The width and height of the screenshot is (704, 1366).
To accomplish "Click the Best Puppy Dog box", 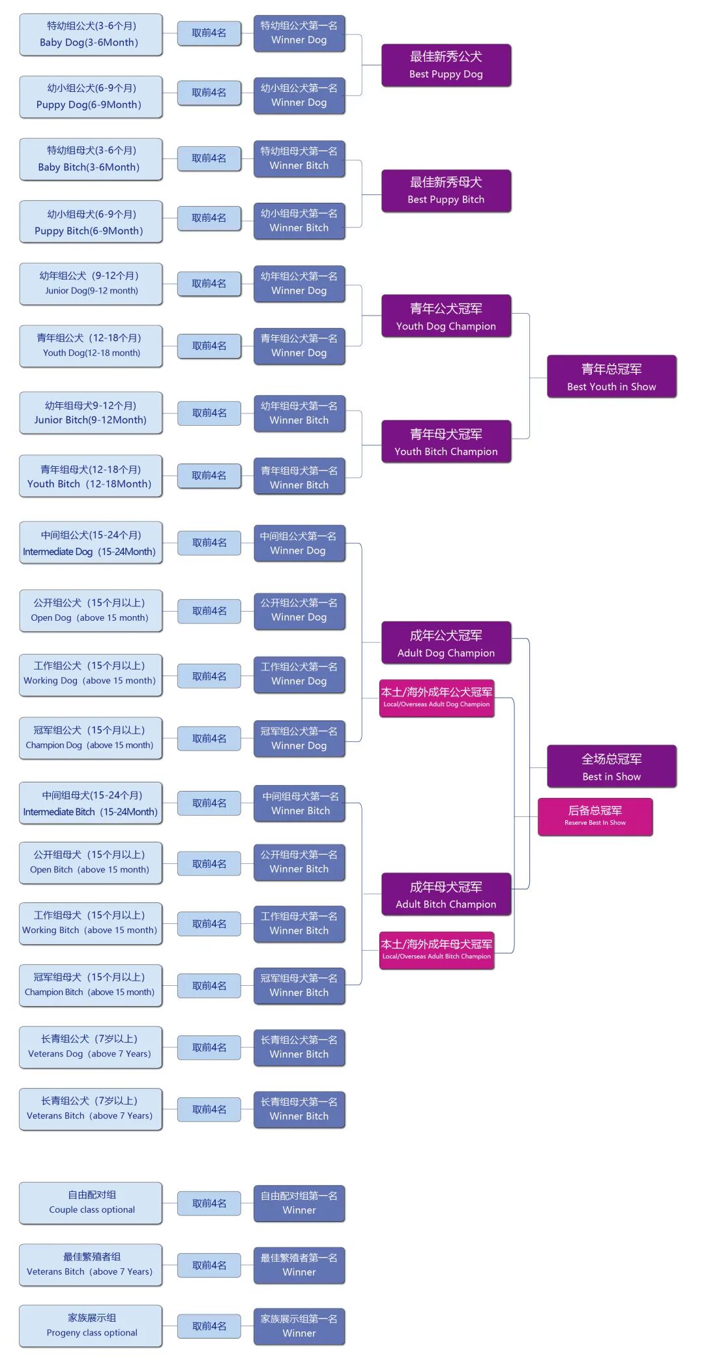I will point(446,65).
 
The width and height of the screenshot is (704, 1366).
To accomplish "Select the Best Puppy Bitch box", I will point(446,190).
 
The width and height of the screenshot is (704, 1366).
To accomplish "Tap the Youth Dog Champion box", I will point(446,316).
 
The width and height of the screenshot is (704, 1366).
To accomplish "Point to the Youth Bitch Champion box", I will point(446,442).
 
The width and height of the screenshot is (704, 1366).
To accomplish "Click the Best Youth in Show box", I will point(611,377).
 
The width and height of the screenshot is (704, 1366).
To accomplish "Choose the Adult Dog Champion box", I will point(446,643).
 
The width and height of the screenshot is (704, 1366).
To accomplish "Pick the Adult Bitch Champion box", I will point(446,895).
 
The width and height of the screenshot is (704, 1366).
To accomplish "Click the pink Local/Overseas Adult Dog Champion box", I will point(437,697).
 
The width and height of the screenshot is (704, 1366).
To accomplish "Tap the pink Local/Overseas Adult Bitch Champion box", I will point(437,949).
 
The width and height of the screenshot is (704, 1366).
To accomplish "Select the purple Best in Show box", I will point(611,767).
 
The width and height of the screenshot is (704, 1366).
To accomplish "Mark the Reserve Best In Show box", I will point(595,816).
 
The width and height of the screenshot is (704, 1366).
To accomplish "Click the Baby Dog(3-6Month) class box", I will point(91,34).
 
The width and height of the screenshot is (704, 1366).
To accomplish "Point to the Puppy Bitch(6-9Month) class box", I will point(91,222).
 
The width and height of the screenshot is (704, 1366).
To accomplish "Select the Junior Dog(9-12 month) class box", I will point(91,283).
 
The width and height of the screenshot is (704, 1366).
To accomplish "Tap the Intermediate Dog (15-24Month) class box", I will point(91,542).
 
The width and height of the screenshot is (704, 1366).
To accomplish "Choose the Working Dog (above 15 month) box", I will point(91,673).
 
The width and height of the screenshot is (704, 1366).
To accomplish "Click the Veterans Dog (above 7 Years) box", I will point(91,1046).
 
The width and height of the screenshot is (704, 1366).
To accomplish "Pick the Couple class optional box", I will point(91,1202).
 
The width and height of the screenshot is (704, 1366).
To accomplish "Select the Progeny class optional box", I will point(91,1325).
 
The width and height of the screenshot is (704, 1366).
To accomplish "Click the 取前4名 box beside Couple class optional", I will point(209,1203).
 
